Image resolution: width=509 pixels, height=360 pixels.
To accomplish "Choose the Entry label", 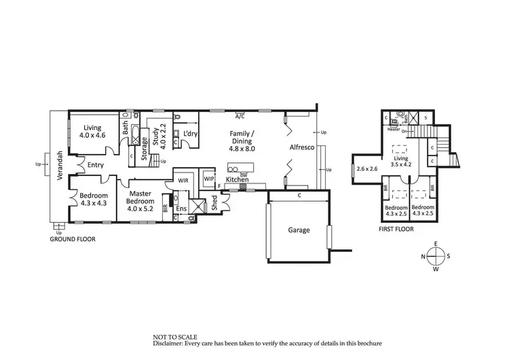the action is tap(95, 164).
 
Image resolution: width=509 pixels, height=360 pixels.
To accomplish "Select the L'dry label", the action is tap(189, 134).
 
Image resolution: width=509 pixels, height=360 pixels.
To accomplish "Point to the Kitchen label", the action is tap(238, 179).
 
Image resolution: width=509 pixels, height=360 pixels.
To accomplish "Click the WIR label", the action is tap(183, 181).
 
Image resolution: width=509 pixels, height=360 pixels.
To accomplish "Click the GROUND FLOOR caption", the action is tap(73, 240).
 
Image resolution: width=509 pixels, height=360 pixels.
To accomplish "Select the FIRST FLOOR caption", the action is tap(396, 229).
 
